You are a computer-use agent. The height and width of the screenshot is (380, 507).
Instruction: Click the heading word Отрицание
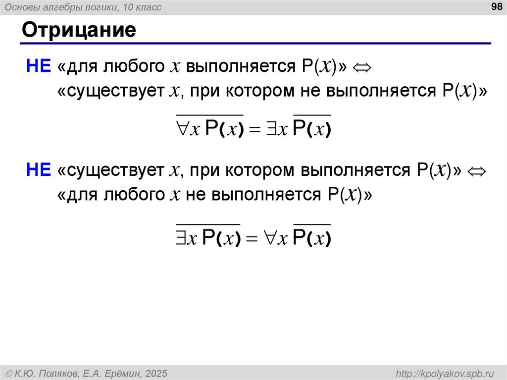pos(79,30)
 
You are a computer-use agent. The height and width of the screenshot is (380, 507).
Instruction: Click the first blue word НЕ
pos(39,66)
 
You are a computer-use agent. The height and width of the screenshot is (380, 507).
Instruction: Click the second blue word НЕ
pos(39,170)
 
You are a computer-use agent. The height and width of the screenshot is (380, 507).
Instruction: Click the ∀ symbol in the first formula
pos(183,128)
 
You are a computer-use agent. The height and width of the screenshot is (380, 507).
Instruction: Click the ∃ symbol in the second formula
pos(182,239)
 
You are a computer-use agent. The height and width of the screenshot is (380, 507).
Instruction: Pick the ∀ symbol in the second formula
pos(271,239)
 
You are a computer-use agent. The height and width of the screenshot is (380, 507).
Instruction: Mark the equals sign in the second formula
pos(253,240)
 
